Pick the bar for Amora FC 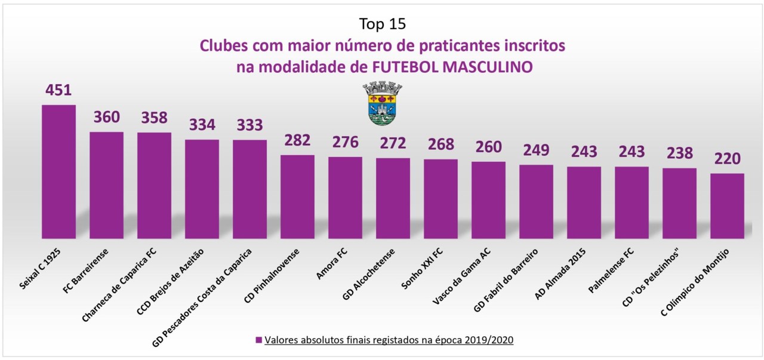click(345, 198)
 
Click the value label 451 click(58, 90)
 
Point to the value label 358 click(154, 118)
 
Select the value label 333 click(249, 125)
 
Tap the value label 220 click(727, 159)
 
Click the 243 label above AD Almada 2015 click(584, 152)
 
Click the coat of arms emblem click(382, 104)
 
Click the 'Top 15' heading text click(382, 24)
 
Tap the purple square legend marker click(258, 340)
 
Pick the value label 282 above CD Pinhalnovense click(297, 140)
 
